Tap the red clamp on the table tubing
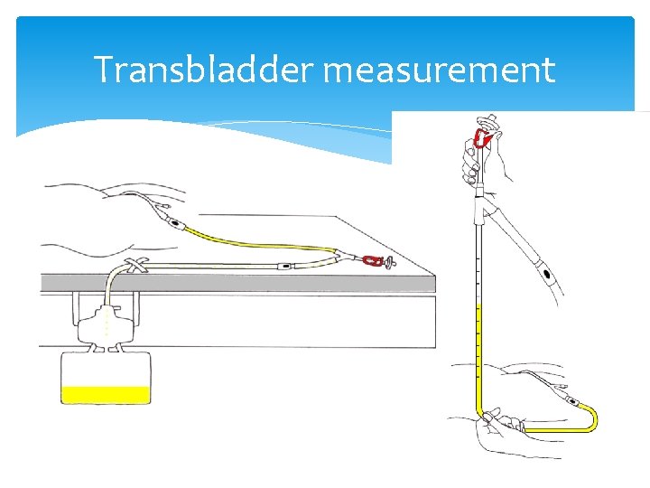click(x=371, y=261)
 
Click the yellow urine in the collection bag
click(x=105, y=394)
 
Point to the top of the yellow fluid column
click(x=478, y=305)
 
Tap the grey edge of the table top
click(x=235, y=282)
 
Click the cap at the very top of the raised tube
click(x=487, y=121)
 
